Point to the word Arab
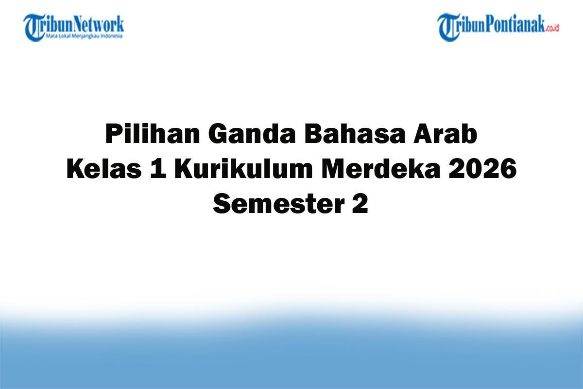pos(446,135)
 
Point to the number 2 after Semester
pos(360,205)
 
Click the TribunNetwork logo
pos(74,27)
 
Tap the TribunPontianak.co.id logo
pos(498,27)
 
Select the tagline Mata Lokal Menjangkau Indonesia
pos(85,35)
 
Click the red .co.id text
pos(552,28)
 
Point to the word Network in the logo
pos(100,24)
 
